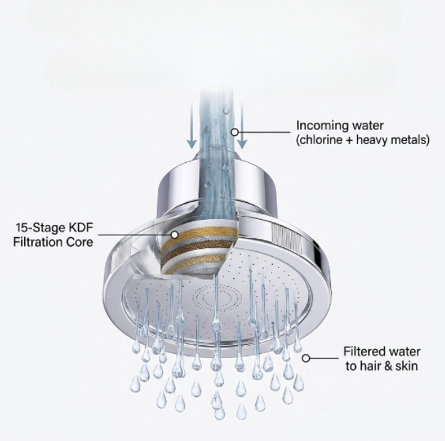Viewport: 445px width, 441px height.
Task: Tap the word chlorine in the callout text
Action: [322, 140]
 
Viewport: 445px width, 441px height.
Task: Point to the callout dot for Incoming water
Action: [235, 132]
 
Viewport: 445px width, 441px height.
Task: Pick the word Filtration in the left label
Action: [38, 243]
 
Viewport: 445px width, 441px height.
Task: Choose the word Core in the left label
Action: [80, 243]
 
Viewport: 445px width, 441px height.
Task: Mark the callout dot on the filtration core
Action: [175, 235]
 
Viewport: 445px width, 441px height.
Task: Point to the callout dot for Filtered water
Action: [306, 359]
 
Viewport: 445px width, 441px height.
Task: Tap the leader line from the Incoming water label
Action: [264, 132]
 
